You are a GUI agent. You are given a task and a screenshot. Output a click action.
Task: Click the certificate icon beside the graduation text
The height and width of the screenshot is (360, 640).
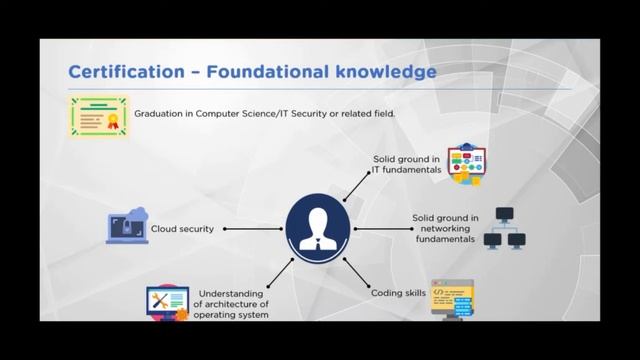pos(98,116)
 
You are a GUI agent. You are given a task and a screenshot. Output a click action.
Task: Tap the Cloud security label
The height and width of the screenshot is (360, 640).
pos(182,229)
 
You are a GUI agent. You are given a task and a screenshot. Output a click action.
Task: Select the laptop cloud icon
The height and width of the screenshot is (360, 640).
pos(127,226)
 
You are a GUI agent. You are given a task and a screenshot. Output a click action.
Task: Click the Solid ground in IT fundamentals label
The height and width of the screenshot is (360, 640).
pos(407,165)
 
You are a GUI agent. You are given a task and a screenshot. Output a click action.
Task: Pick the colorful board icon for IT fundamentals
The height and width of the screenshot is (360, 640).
pos(466,163)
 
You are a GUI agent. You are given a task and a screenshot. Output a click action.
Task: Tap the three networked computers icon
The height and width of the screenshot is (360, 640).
pos(504,228)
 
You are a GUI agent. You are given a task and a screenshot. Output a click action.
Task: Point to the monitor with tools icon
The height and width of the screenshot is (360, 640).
pos(167,302)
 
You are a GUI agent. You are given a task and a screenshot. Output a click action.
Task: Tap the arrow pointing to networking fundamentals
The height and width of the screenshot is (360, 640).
pos(377,229)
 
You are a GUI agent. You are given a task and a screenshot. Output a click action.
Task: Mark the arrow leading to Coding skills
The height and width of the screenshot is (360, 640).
pos(357,273)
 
